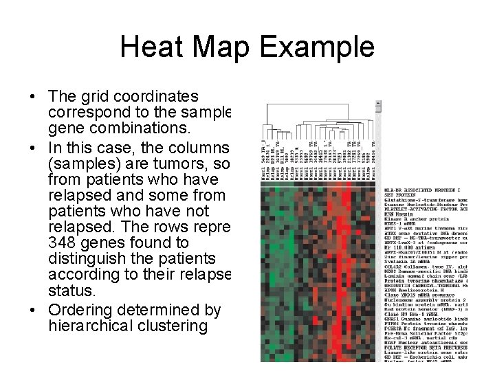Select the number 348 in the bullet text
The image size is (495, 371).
point(65,243)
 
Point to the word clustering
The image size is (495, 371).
point(175,326)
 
